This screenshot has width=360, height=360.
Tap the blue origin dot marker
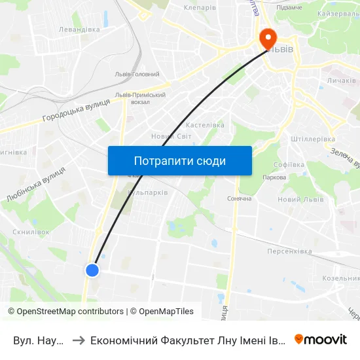92,270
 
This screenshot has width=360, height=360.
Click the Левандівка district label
79,29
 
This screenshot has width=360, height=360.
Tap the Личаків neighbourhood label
341,81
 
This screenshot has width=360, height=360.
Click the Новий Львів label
298,199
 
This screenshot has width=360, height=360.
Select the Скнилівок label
31,232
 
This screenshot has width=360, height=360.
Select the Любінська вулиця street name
35,185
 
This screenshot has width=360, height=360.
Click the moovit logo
321,339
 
